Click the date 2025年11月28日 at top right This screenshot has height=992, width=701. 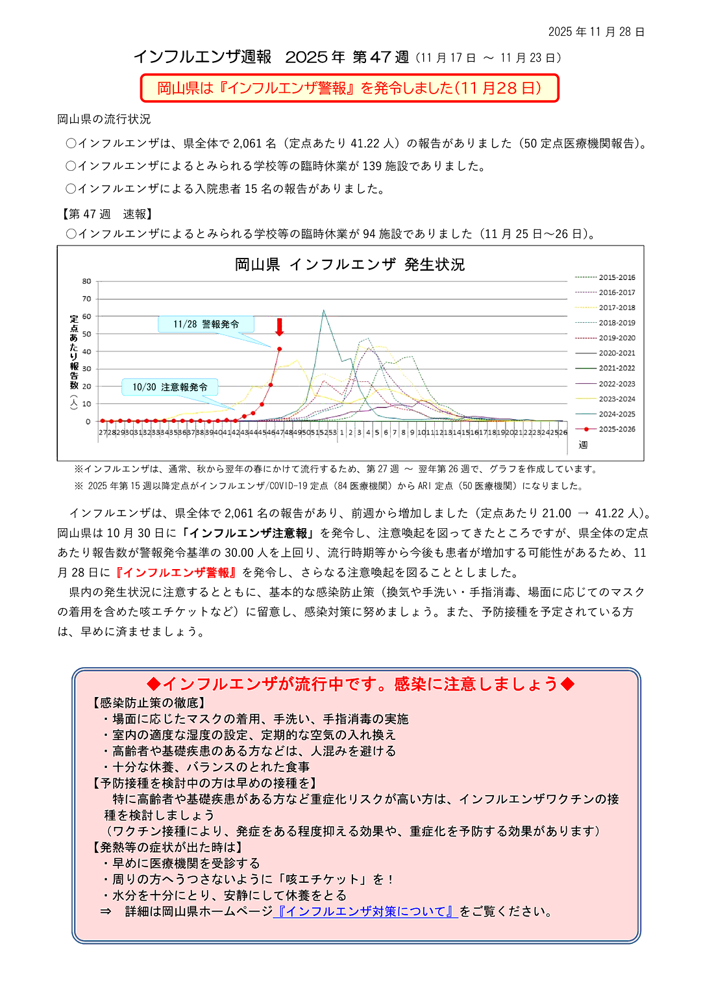596,32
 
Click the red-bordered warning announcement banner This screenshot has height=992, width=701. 349,88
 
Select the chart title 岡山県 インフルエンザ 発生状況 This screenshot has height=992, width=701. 349,264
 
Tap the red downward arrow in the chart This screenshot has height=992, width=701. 280,327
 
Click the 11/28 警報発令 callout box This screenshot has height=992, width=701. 206,324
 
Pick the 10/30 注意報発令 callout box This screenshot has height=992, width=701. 170,387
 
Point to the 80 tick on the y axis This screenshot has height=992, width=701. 87,281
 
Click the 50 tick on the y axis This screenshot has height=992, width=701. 87,334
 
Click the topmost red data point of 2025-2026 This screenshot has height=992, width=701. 280,349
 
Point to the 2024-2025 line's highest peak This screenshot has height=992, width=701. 324,311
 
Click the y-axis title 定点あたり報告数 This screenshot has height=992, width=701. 74,361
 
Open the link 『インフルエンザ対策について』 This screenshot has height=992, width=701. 365,911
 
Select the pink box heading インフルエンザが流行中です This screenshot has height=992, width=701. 360,684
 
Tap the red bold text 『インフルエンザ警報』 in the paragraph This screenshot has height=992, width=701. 175,572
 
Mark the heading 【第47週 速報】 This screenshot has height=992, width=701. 106,214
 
